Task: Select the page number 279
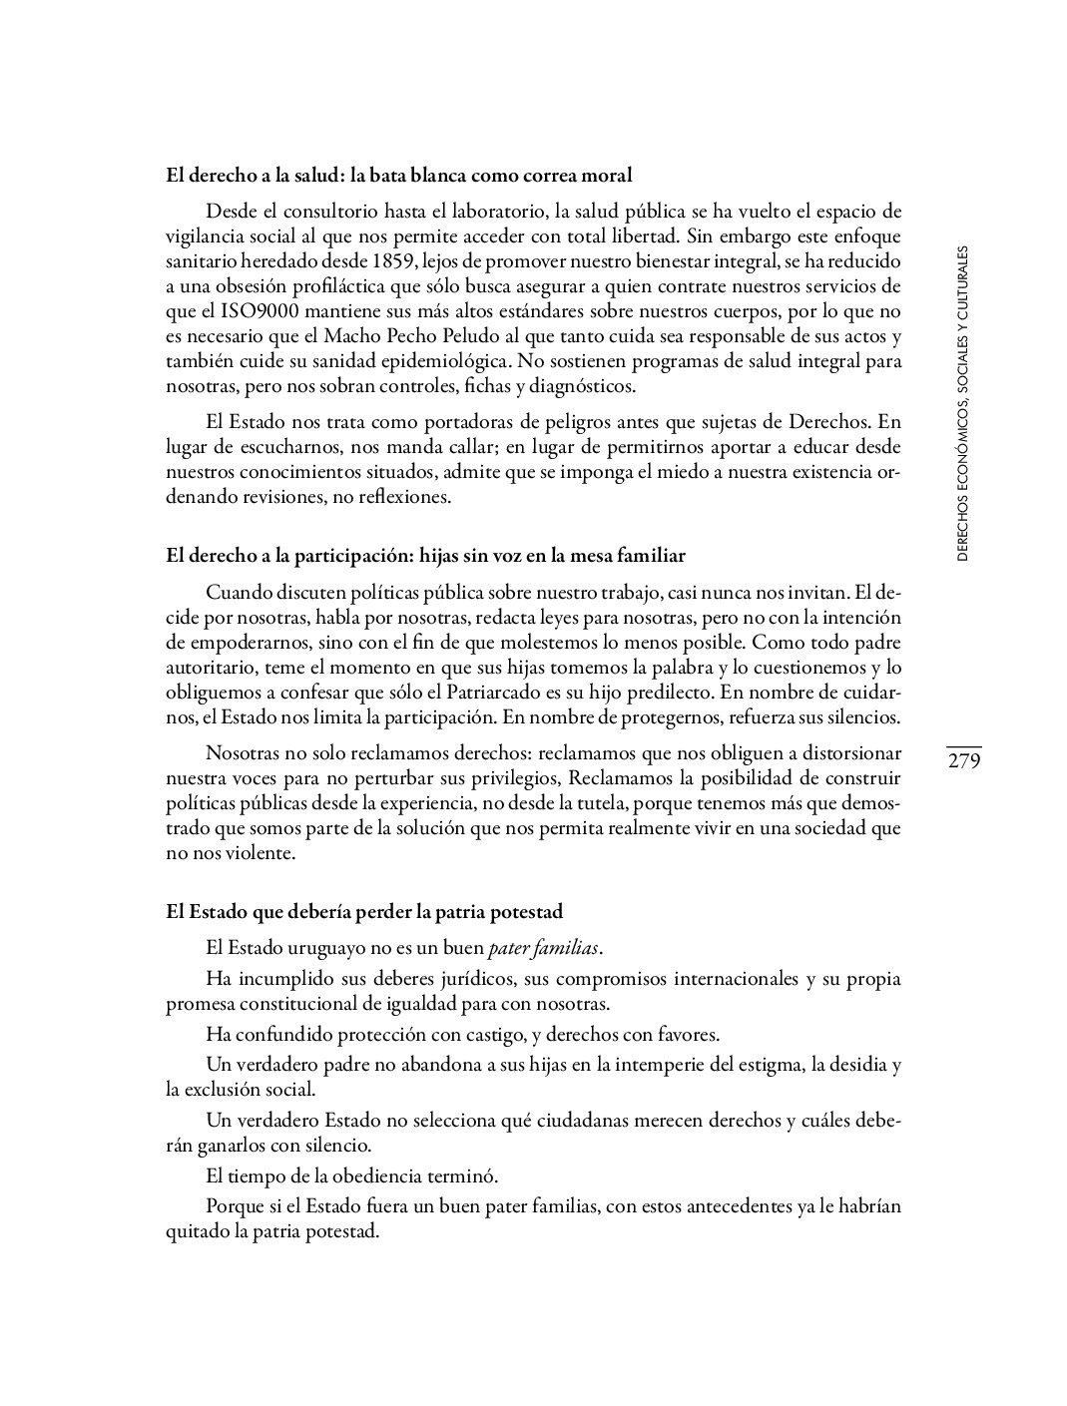pos(965,761)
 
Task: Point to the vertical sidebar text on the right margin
pos(962,403)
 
